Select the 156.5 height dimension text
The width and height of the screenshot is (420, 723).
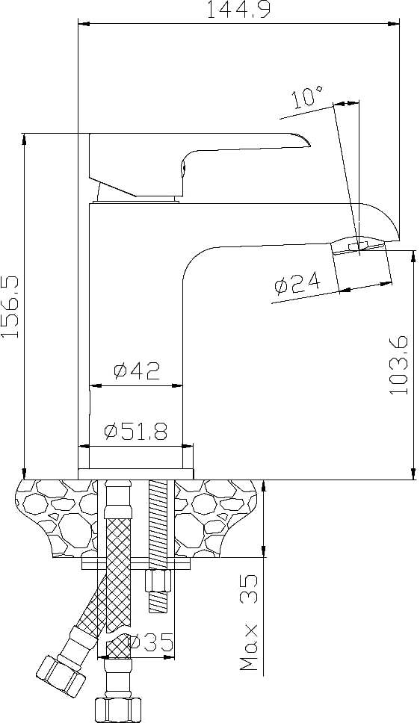pos(10,307)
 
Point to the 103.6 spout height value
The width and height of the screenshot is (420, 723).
pos(399,364)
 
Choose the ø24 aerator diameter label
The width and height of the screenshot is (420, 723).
pos(297,283)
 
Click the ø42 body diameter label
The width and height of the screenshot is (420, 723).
pos(137,370)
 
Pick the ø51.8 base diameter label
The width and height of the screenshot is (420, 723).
pos(136,432)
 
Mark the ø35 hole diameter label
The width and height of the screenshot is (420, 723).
pos(152,643)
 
